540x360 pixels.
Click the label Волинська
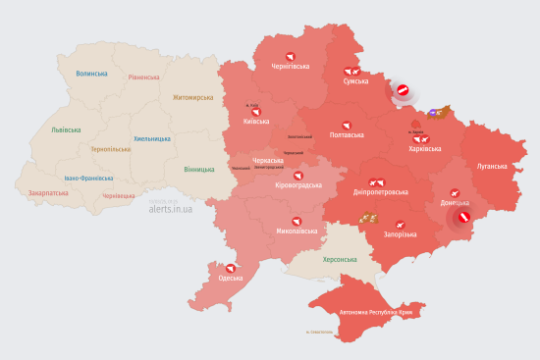point(91,73)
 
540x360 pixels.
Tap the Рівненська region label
point(146,77)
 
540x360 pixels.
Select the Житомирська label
point(192,98)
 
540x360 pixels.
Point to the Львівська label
point(54,129)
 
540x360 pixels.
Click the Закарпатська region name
point(48,193)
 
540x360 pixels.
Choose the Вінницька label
point(199,169)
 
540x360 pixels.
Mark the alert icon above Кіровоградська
point(297,175)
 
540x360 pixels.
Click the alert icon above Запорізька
point(401,225)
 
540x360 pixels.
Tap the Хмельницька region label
point(152,138)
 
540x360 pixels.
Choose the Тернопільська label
point(110,149)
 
